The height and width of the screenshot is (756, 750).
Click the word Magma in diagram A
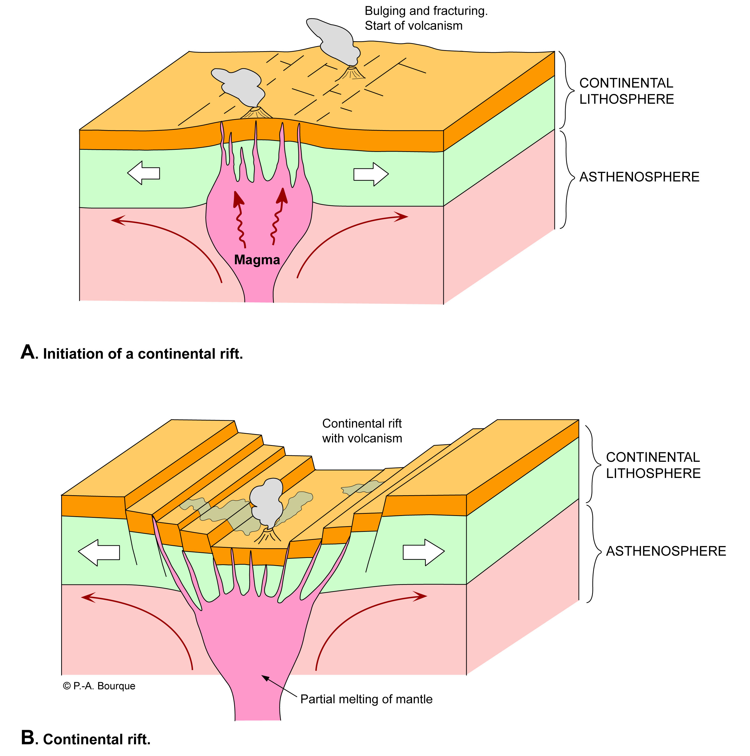click(x=257, y=260)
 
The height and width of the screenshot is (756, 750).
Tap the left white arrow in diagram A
click(x=143, y=173)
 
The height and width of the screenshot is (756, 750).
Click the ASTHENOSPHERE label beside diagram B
click(x=665, y=551)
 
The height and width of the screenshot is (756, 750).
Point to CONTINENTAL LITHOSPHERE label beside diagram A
click(x=626, y=91)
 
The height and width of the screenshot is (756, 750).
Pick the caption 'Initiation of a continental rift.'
click(x=143, y=354)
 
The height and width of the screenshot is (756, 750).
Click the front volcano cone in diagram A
click(x=256, y=113)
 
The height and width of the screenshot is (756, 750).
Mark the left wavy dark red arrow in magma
click(x=240, y=219)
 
